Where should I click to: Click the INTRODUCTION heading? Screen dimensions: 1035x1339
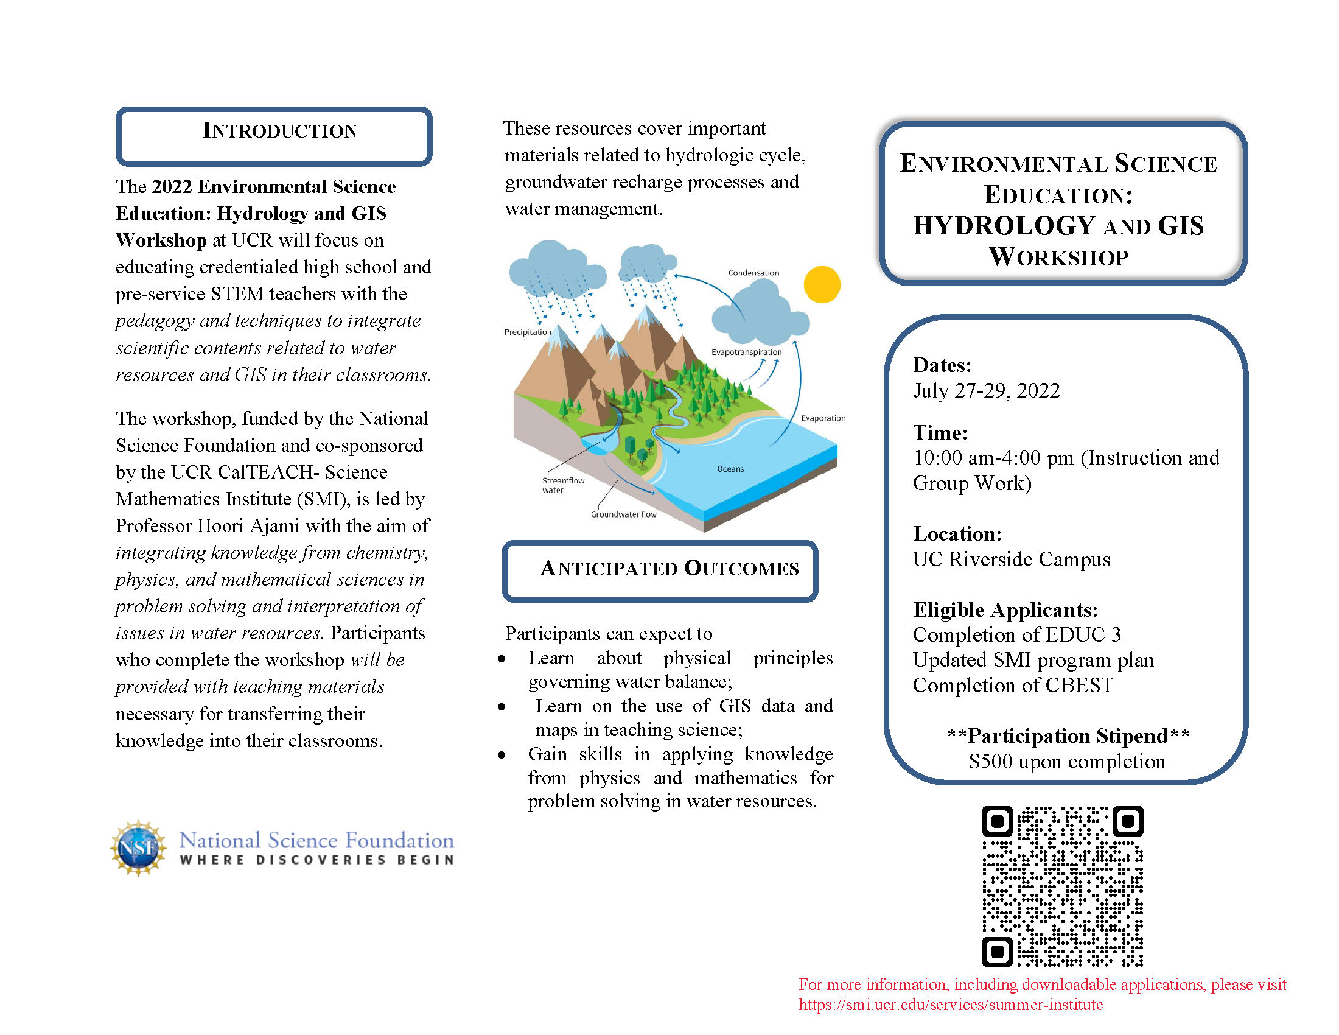279,132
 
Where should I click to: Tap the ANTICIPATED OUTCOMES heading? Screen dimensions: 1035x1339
669,569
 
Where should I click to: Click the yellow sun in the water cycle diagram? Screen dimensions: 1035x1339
822,284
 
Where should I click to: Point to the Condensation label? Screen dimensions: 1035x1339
753,273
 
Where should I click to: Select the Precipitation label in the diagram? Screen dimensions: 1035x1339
527,332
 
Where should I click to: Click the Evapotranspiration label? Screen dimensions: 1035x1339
746,353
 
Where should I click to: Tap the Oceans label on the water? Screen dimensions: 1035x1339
730,469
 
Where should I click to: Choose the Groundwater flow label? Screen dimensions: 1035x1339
623,514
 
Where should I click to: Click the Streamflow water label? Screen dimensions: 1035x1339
562,485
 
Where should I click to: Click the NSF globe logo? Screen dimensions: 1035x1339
139,849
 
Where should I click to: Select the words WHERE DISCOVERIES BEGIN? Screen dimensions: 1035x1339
317,860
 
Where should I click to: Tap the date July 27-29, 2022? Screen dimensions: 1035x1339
986,391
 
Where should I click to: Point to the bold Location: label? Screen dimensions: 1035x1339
957,534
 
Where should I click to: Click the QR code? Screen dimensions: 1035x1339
1063,886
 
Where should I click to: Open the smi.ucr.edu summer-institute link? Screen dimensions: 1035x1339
950,1005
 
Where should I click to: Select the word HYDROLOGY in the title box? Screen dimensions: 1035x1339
1004,226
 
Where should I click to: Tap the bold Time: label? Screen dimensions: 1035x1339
940,433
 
